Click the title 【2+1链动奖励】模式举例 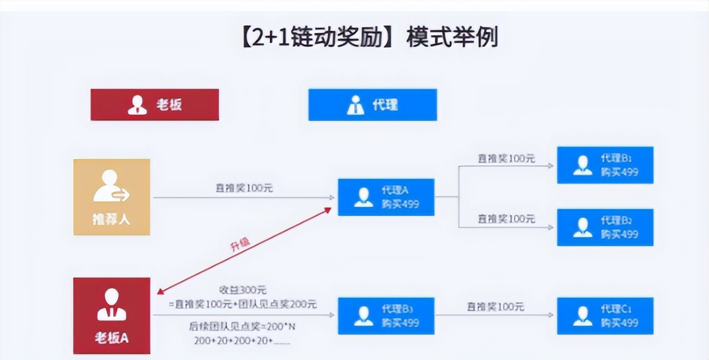point(370,38)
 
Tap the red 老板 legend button point(155,105)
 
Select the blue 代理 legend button point(372,105)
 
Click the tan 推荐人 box point(112,197)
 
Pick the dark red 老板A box point(112,316)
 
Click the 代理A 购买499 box point(386,197)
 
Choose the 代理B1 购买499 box point(605,165)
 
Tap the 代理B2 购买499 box point(605,227)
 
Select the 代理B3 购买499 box point(386,316)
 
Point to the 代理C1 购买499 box point(605,316)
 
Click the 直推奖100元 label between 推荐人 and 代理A point(244,188)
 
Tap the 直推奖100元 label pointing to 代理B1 point(506,159)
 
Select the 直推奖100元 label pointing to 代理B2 point(506,219)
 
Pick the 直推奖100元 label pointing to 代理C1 point(495,307)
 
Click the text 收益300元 point(242,290)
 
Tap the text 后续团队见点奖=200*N point(242,326)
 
